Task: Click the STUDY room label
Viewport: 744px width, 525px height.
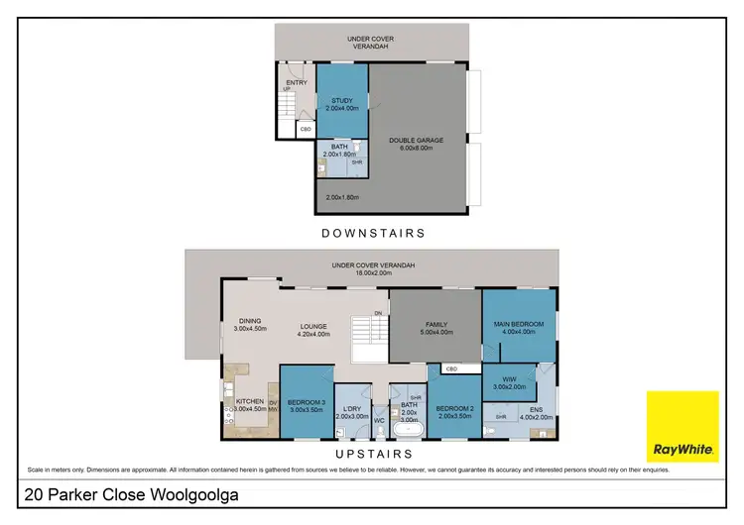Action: pos(342,99)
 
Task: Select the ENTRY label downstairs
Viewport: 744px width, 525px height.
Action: pos(296,83)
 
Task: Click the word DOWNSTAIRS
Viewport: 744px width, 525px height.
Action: pos(372,234)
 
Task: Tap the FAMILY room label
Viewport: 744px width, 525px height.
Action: pos(437,325)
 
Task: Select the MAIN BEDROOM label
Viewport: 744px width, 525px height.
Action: pos(517,323)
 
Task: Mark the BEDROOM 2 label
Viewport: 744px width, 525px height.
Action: pos(456,408)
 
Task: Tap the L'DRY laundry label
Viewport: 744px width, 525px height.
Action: pos(351,409)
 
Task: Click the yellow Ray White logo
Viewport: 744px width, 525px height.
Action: pos(682,426)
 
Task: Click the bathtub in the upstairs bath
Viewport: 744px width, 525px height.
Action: pos(407,432)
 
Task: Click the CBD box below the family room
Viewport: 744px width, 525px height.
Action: pos(451,369)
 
